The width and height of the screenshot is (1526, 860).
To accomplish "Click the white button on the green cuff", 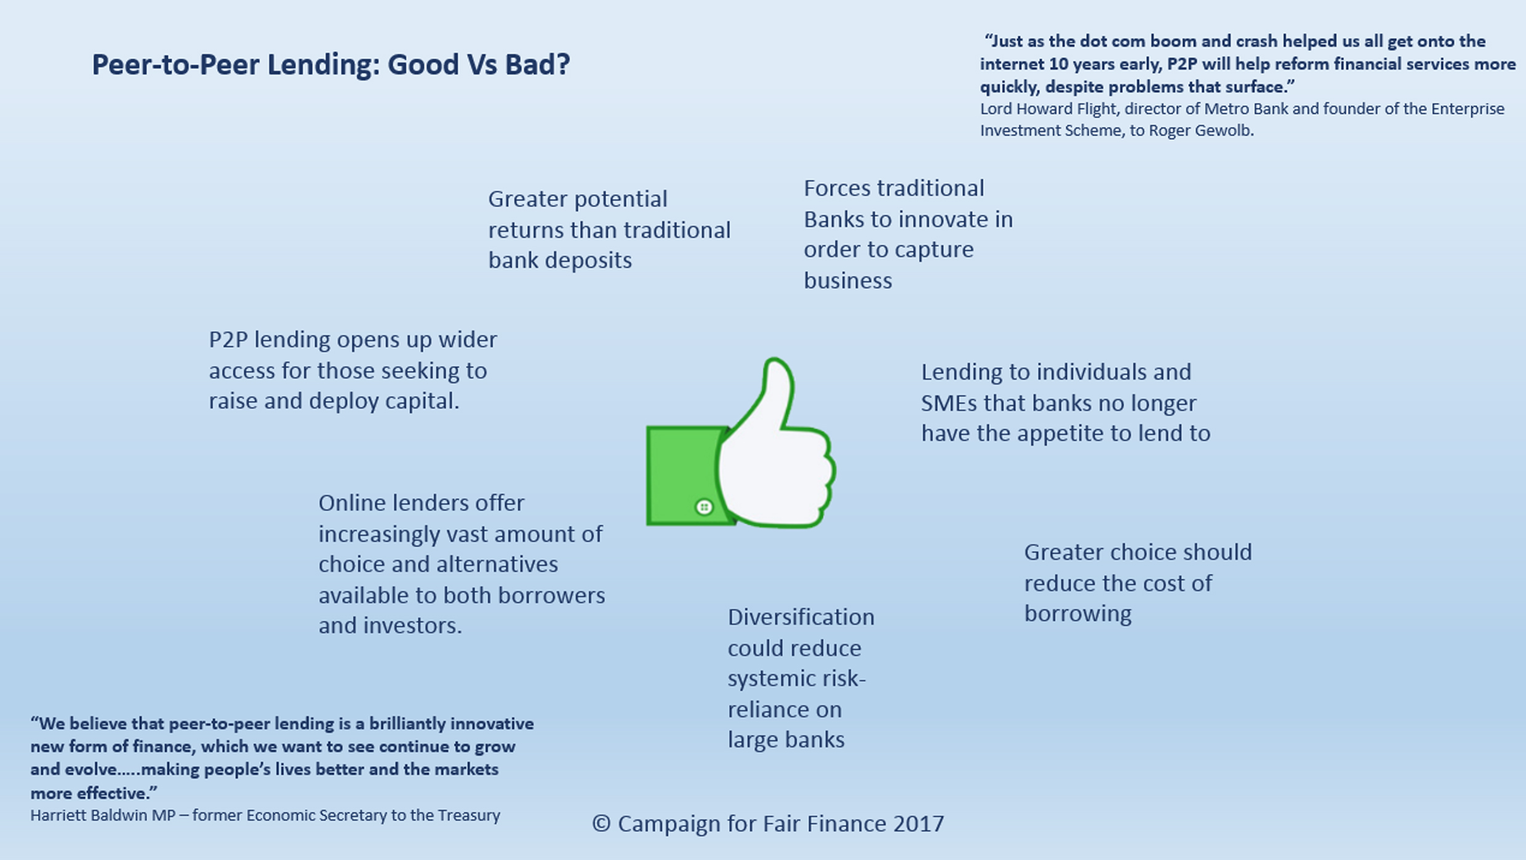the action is [x=704, y=507].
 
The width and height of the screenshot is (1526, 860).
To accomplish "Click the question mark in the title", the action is [x=562, y=65].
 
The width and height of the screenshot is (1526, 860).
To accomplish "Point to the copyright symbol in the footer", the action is [x=601, y=824].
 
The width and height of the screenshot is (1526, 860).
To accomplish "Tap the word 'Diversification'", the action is [x=801, y=617].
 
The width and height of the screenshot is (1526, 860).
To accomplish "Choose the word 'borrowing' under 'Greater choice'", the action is [x=1078, y=614].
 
